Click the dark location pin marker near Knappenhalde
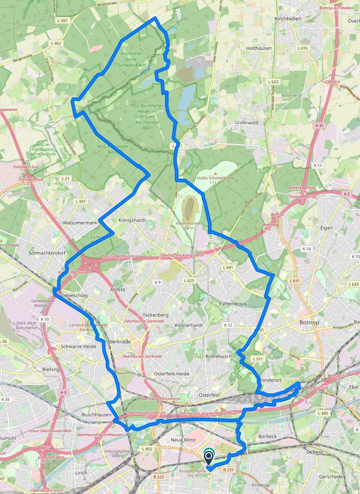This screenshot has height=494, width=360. point(208,457)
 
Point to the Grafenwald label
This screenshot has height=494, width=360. point(246,123)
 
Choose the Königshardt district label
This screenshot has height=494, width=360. point(132,220)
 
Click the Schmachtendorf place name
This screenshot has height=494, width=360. point(47,253)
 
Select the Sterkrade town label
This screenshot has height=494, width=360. point(120,342)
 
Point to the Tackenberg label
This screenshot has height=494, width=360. point(155,315)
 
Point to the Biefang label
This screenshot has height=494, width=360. point(51,369)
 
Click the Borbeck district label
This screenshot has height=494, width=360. point(267,436)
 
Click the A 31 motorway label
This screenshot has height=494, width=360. point(319,125)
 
